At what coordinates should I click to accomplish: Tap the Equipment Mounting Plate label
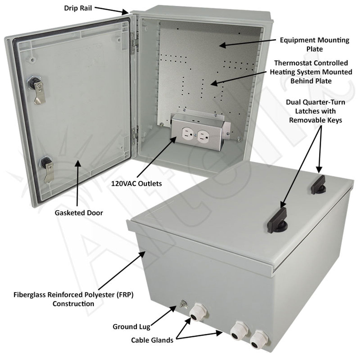coord(314,44)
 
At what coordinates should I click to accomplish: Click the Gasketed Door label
coord(79,213)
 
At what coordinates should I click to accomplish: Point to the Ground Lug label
coord(131,327)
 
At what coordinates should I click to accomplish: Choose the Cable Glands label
coord(152,340)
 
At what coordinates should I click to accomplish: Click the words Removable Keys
coord(316,120)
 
